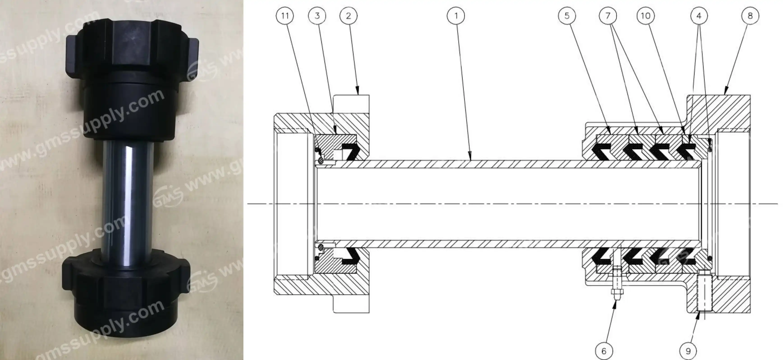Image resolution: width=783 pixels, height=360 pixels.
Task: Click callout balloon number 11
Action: (285, 16)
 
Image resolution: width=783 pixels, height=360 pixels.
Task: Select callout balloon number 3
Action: (317, 16)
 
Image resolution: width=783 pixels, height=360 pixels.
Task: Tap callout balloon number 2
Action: (348, 16)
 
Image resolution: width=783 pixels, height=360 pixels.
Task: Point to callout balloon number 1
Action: (456, 16)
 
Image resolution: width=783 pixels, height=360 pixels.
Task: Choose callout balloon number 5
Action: (567, 16)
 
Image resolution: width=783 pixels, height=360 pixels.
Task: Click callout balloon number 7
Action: (608, 16)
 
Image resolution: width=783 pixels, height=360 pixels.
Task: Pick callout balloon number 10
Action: (646, 16)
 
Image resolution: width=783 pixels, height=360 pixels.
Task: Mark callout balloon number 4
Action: (699, 16)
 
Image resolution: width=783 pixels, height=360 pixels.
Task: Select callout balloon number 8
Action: (750, 16)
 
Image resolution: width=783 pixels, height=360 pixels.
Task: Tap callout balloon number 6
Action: (604, 351)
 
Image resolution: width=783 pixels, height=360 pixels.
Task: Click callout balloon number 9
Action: (688, 351)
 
